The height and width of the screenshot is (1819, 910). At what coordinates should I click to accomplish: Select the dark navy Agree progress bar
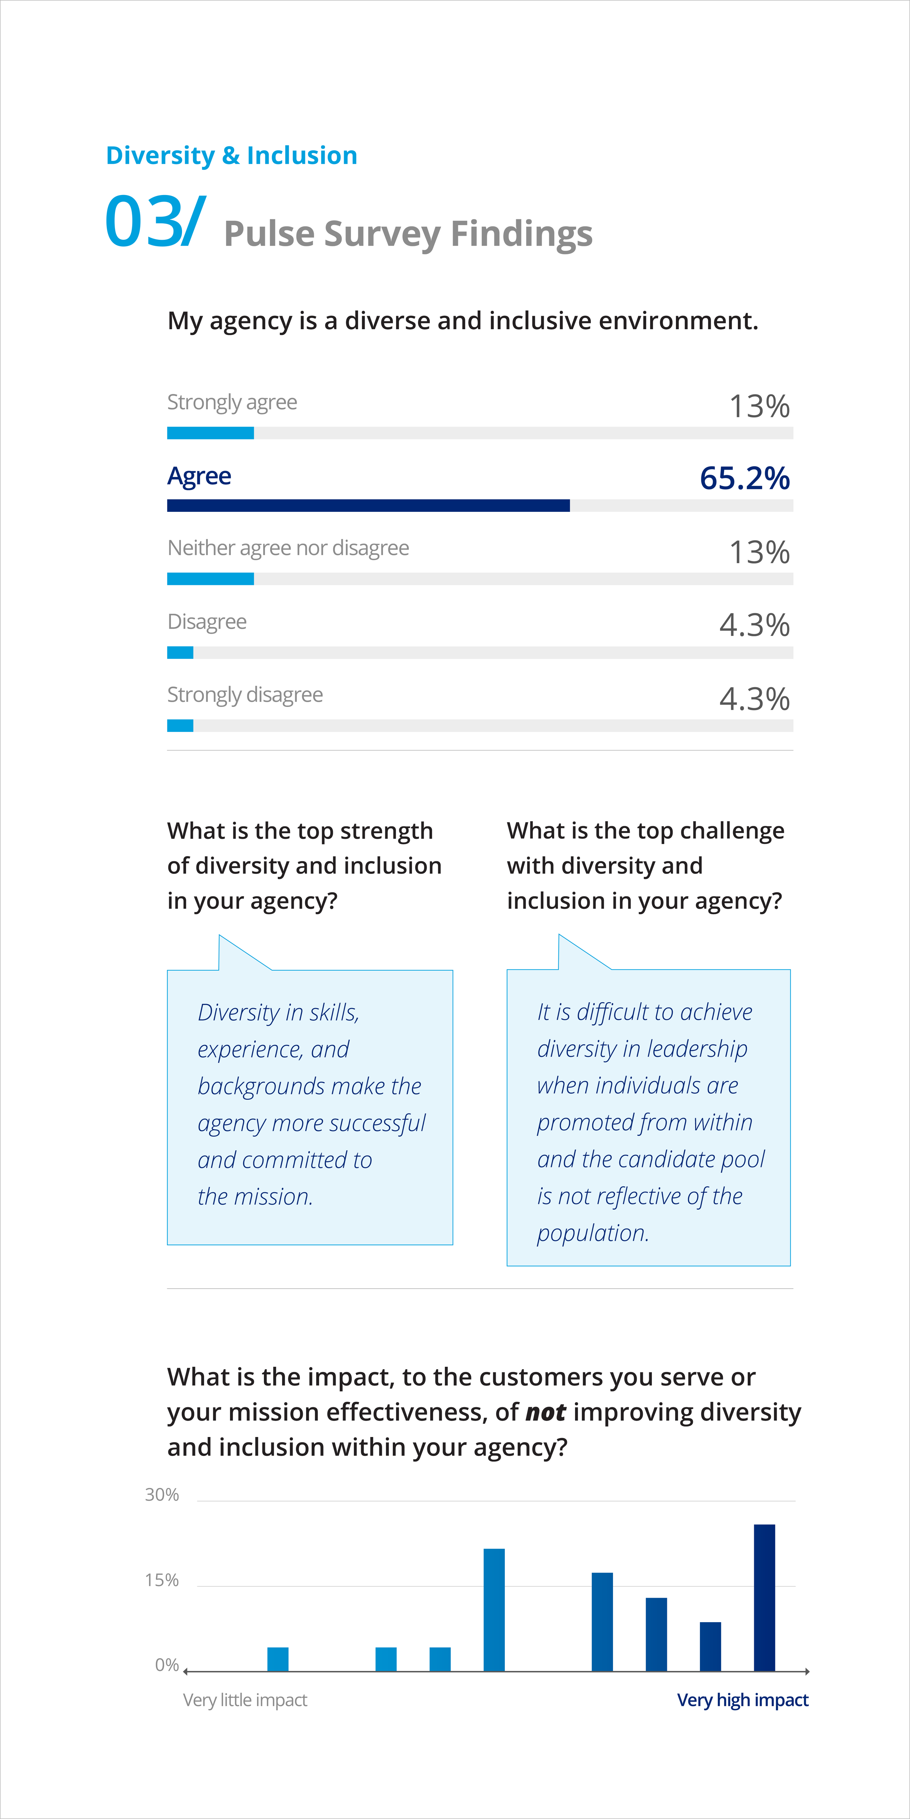[368, 506]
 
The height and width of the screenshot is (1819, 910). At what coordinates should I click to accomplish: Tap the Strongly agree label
[232, 402]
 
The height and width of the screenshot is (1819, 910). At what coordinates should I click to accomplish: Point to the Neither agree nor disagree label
[288, 548]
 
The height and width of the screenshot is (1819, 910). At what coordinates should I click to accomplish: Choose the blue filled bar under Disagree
[180, 652]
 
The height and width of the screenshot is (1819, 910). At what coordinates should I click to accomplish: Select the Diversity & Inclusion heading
[232, 155]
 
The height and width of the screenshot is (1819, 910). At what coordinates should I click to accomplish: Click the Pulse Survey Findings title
[408, 234]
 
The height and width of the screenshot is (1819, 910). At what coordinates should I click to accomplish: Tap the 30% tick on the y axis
[162, 1495]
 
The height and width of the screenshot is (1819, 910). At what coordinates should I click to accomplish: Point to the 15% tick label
[162, 1580]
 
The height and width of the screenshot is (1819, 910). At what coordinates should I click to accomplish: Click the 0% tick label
[167, 1665]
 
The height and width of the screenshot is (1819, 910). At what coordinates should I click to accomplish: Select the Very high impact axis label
[743, 1700]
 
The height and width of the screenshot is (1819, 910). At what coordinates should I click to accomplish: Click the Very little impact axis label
[245, 1700]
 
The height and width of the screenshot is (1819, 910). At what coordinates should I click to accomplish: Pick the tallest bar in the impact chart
[764, 1598]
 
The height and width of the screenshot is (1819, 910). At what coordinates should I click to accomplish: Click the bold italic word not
[545, 1412]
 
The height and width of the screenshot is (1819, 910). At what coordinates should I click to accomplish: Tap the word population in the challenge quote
[593, 1233]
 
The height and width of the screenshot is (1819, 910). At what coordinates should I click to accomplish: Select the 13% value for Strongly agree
[760, 406]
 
